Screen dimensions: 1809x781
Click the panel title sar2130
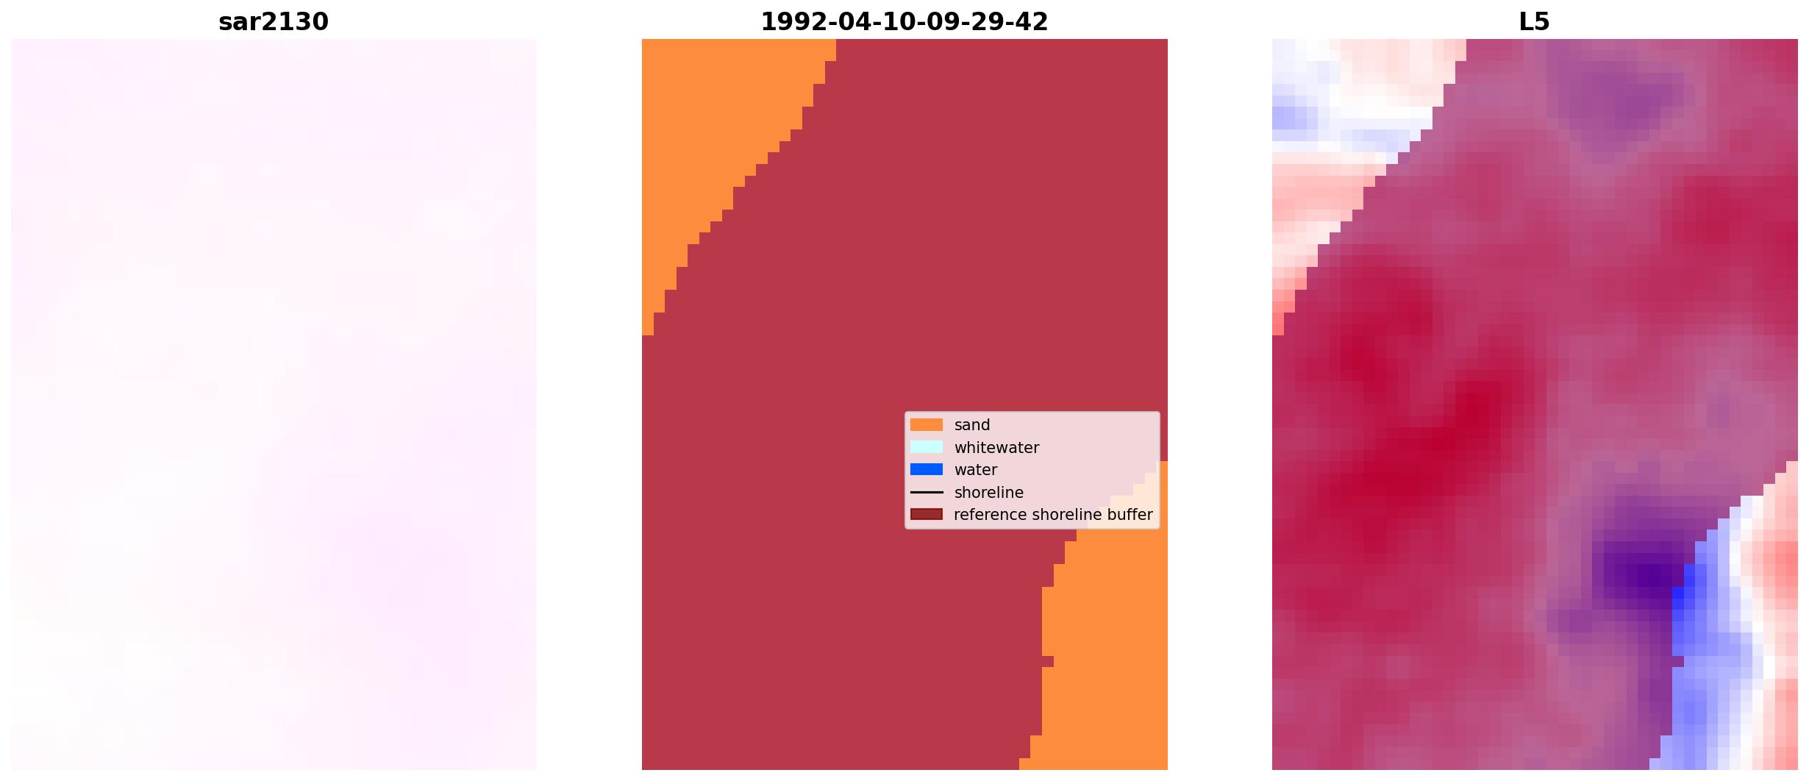pos(274,22)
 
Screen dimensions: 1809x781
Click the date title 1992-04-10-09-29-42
pos(904,22)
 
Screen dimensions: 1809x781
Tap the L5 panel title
pos(1535,22)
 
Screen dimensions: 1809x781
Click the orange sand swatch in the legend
pos(927,425)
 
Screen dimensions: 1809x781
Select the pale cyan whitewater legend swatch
pos(927,447)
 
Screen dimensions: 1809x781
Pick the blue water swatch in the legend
pos(927,469)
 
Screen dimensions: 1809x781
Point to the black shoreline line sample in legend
pos(927,492)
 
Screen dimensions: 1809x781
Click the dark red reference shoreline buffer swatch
pos(927,514)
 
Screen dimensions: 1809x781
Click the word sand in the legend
pos(972,425)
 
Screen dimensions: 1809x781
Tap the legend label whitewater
pos(996,448)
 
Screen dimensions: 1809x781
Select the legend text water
pos(976,470)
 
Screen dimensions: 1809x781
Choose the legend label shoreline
pos(989,493)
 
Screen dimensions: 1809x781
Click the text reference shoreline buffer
pos(1053,515)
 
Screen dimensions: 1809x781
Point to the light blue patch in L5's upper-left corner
pos(1294,110)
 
